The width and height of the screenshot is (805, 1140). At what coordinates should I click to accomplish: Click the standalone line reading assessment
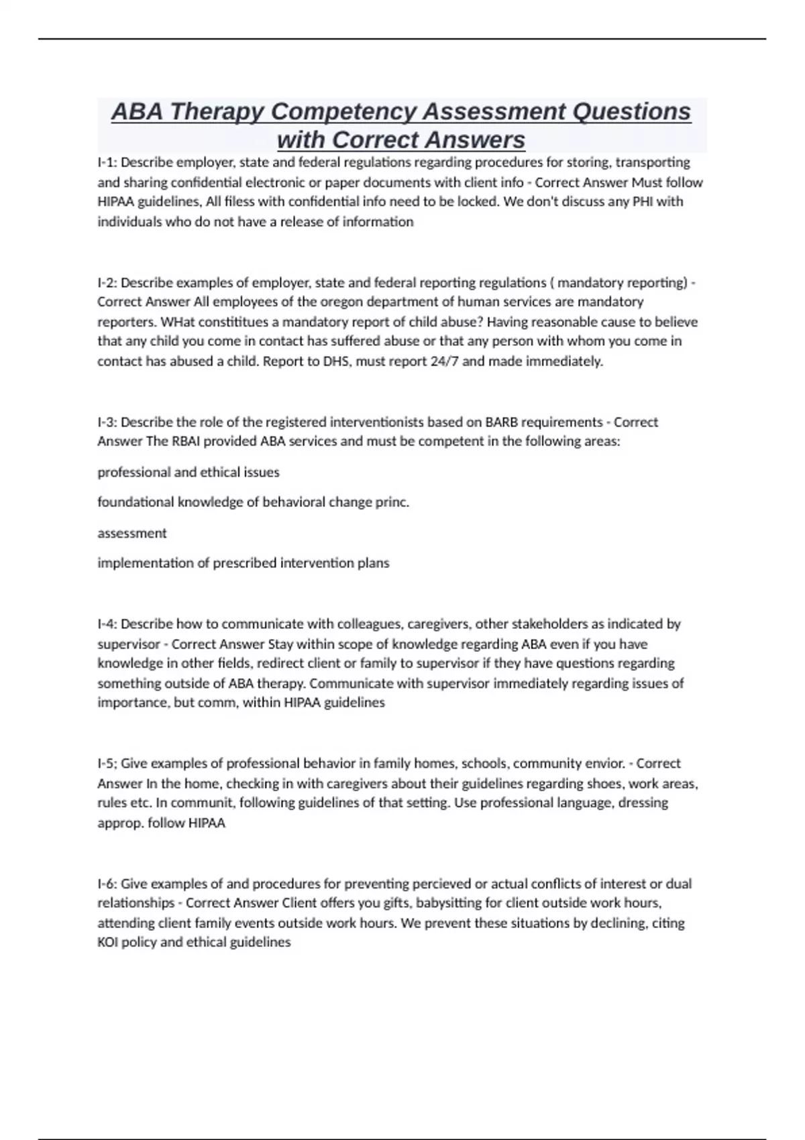point(132,533)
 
